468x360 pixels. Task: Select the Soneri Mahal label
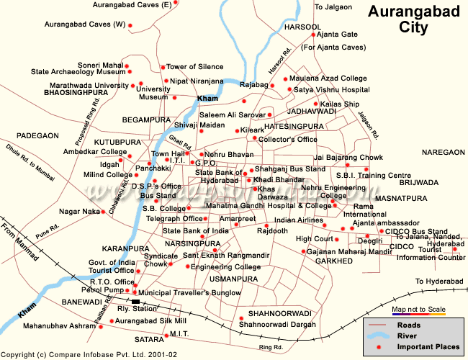pos(101,64)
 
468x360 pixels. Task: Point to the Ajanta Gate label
pos(338,34)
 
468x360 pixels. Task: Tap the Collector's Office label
pos(287,139)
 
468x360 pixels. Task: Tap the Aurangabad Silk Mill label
pos(151,320)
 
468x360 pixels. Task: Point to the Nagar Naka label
pos(80,212)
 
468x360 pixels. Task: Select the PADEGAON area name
pos(37,135)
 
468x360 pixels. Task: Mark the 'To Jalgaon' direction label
pos(334,6)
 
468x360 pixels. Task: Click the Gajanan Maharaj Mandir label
pos(344,251)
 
